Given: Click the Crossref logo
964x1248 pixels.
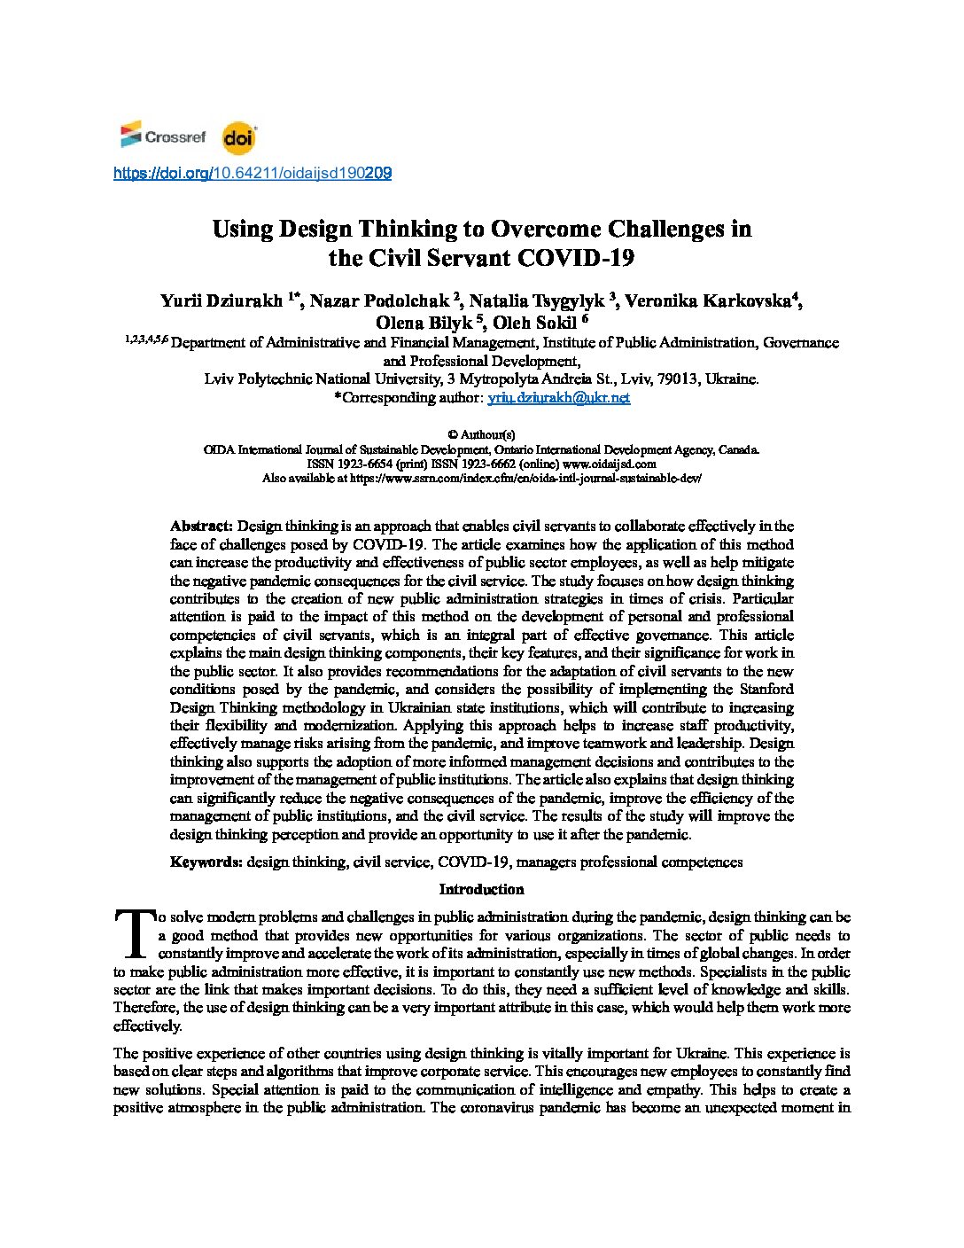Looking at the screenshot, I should (x=163, y=136).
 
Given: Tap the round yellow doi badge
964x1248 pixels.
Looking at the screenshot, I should (x=238, y=137).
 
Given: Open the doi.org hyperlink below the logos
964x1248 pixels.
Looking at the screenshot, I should (x=253, y=174).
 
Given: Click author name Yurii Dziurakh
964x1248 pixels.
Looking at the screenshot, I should (x=221, y=300).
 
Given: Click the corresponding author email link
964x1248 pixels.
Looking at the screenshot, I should (x=559, y=397).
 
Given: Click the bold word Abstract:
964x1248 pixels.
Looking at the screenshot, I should (x=202, y=526).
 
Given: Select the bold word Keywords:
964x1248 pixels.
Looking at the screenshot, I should (x=206, y=862).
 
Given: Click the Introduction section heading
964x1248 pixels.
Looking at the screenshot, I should (x=481, y=889).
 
